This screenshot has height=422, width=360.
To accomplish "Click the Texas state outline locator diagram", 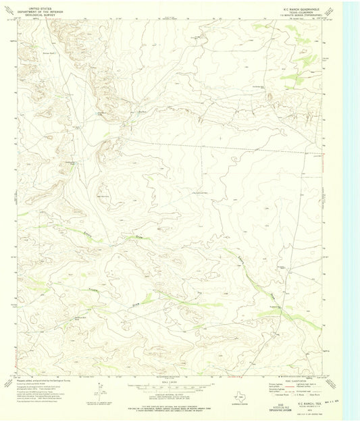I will [x=237, y=398].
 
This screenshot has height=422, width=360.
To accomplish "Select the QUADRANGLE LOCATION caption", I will [x=237, y=406].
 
